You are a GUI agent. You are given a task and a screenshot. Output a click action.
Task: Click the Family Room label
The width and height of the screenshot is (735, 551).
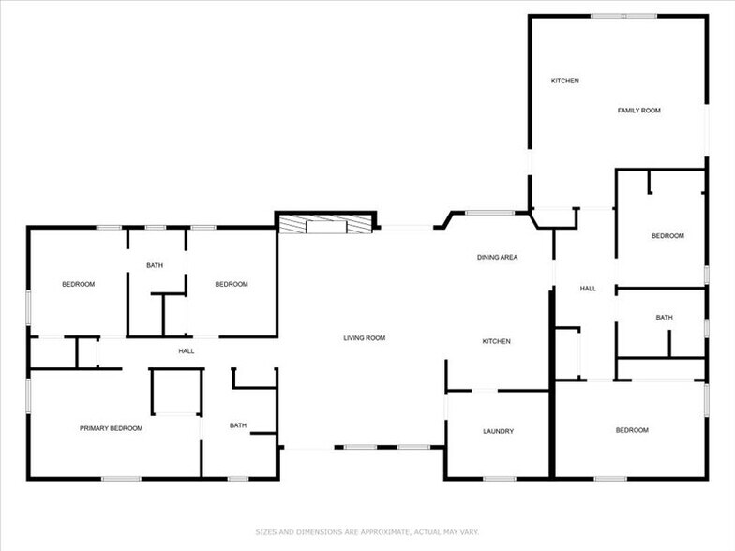pos(638,111)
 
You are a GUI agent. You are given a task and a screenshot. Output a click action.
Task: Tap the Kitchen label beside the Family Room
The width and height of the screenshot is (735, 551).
pos(564,81)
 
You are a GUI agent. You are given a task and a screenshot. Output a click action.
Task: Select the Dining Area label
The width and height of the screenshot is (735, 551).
pos(497,257)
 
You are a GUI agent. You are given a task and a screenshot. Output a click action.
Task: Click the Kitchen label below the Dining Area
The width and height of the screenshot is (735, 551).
pos(496,341)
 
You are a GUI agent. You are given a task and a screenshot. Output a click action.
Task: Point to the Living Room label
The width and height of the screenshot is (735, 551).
pos(364,337)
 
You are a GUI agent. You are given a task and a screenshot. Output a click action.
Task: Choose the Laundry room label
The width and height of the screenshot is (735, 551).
pos(498,431)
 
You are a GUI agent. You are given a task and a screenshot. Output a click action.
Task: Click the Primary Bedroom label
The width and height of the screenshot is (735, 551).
pos(111,428)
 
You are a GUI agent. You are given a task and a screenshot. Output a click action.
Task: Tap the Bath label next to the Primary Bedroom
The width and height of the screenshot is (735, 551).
pos(238,425)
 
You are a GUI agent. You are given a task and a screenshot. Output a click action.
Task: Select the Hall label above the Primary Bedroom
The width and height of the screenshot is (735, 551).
pos(186,350)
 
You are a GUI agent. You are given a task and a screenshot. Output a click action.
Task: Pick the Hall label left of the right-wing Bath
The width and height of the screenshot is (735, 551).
pos(588,289)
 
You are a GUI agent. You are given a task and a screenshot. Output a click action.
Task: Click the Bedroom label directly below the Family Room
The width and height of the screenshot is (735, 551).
pos(667,236)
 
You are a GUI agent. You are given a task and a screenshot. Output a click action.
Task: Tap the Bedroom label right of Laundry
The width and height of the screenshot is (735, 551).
pos(631,430)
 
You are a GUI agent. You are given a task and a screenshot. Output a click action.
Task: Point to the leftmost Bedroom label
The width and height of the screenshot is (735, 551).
pos(78,284)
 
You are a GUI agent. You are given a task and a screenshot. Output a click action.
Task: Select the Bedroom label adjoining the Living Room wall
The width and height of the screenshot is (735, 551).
pos(231,284)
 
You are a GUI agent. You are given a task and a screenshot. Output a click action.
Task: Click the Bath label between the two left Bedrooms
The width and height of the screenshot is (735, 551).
pos(155,265)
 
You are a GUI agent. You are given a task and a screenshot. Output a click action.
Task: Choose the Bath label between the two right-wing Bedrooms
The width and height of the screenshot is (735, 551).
pos(664,318)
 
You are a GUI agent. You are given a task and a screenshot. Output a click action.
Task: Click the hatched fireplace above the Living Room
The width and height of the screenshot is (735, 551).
pos(326,225)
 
